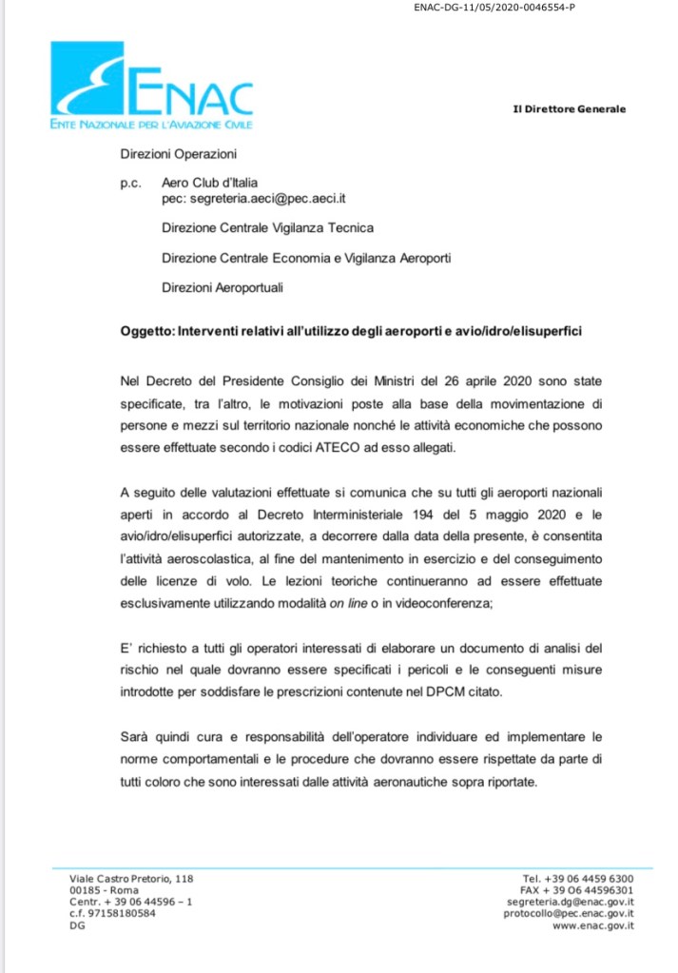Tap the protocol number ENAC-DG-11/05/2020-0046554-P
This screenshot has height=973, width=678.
click(495, 10)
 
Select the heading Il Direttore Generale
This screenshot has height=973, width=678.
click(569, 109)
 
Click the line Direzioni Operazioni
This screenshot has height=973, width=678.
click(178, 152)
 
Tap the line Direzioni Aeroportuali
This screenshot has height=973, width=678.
click(223, 287)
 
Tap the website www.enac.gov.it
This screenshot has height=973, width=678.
click(593, 925)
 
